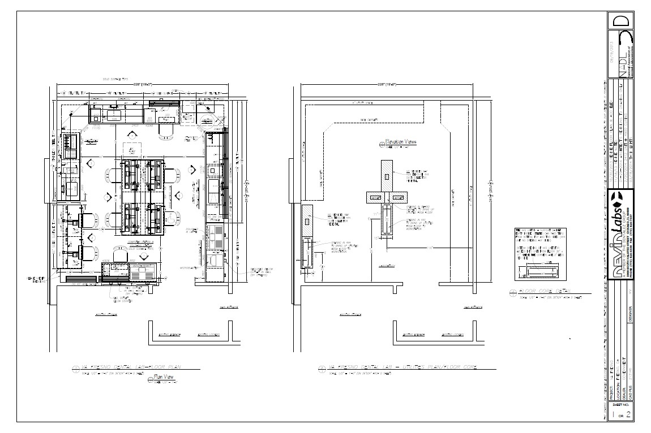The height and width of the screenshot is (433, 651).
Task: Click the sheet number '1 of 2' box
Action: coord(621,414)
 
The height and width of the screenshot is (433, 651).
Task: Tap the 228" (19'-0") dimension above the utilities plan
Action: coord(386,84)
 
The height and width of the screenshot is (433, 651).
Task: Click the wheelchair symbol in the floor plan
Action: coord(131,149)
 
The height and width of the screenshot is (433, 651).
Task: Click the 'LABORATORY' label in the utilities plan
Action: coord(387,265)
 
